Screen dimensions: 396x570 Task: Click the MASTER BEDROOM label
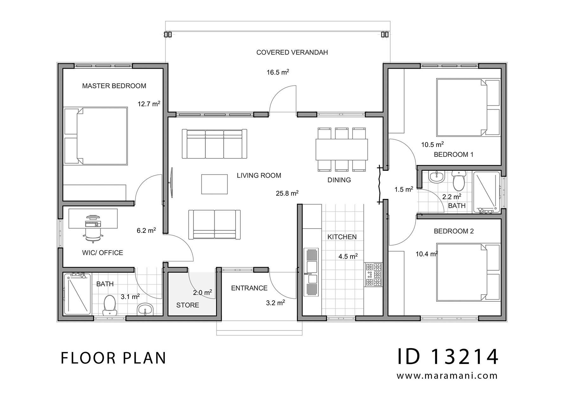[x=114, y=86]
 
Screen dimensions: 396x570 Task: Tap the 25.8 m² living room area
[x=287, y=193]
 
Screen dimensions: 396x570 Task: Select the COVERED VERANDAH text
[x=292, y=52]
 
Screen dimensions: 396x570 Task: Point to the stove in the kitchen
[x=373, y=274]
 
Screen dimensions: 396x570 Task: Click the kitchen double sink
[x=311, y=272]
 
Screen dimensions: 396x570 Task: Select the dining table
[x=342, y=149]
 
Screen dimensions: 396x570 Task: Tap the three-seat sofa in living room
[x=214, y=144]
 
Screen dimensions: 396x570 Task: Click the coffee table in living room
[x=214, y=184]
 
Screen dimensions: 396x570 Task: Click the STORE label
[x=187, y=305]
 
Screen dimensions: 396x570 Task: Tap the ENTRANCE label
[x=249, y=288]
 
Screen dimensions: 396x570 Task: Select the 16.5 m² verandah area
[x=278, y=72]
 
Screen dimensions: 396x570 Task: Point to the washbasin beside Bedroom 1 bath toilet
[x=437, y=177]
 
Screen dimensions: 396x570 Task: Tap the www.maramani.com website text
[x=447, y=376]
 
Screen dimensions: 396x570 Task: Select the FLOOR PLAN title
[x=113, y=358]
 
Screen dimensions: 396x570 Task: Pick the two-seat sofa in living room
[x=214, y=224]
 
